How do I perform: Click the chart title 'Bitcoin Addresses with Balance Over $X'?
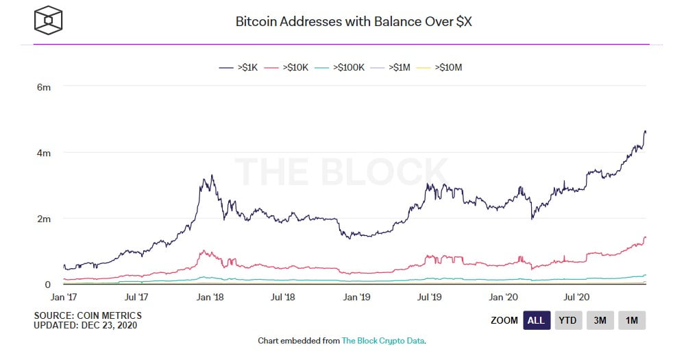pyautogui.click(x=354, y=21)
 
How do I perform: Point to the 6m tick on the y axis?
pyautogui.click(x=43, y=87)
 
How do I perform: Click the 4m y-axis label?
pyautogui.click(x=43, y=153)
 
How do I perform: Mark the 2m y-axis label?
pyautogui.click(x=43, y=219)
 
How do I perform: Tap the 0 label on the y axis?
pyautogui.click(x=47, y=284)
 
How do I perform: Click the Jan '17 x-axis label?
pyautogui.click(x=64, y=298)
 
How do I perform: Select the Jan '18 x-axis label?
pyautogui.click(x=210, y=298)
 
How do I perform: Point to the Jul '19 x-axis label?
pyautogui.click(x=429, y=298)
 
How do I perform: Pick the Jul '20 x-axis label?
pyautogui.click(x=576, y=298)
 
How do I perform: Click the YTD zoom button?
pyautogui.click(x=567, y=320)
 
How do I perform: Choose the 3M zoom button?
pyautogui.click(x=600, y=320)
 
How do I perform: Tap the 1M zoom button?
pyautogui.click(x=631, y=320)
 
